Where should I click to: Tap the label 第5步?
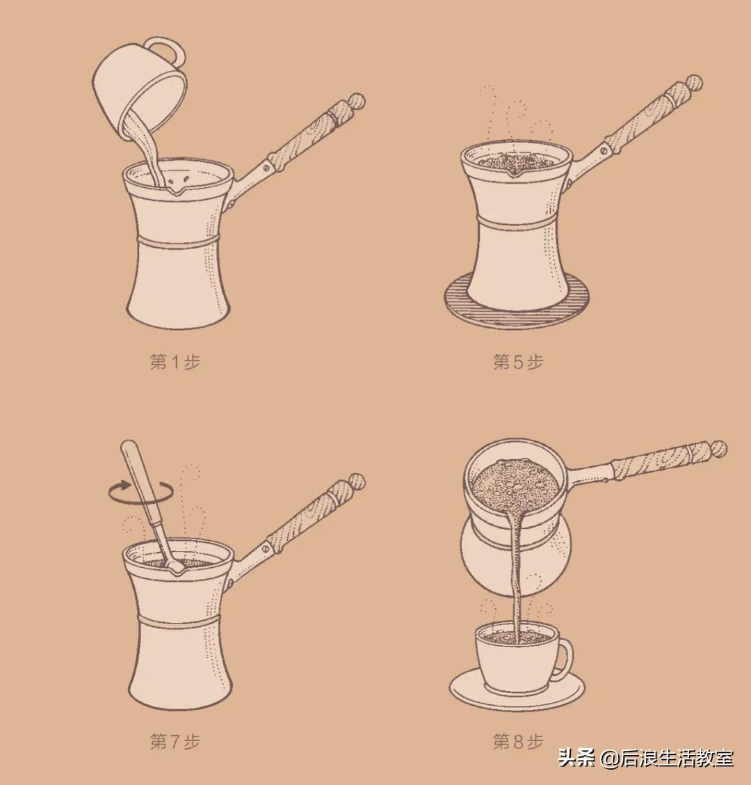(518, 363)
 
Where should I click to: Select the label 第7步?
(175, 741)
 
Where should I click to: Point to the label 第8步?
(518, 741)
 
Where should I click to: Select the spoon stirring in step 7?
(145, 501)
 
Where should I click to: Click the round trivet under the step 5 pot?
(517, 309)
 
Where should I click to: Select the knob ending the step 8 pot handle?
(718, 448)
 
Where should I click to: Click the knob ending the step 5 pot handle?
(693, 84)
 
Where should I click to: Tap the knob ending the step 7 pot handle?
(356, 481)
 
